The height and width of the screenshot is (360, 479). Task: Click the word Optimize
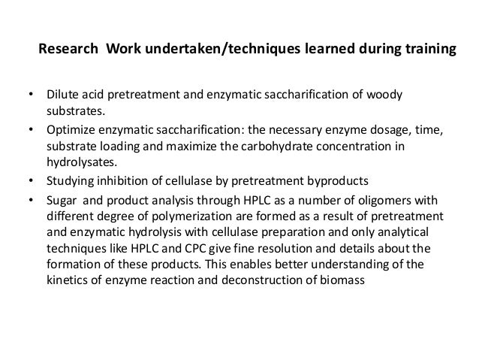72,130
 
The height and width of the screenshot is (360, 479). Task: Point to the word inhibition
128,181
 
